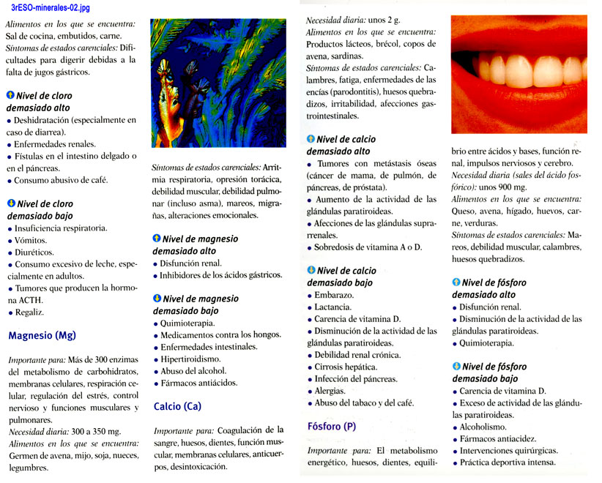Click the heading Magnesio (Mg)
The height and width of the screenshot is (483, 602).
click(x=42, y=336)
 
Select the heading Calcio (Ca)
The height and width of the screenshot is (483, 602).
click(x=177, y=406)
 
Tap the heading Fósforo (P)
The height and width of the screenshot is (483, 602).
click(x=332, y=426)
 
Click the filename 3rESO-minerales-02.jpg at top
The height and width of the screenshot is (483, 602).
click(x=51, y=7)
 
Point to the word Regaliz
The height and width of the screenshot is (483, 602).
click(x=29, y=312)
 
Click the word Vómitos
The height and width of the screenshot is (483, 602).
click(x=30, y=240)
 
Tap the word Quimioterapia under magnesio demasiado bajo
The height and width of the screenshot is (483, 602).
click(x=193, y=323)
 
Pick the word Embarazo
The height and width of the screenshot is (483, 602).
click(x=334, y=295)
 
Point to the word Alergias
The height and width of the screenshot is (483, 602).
click(x=330, y=391)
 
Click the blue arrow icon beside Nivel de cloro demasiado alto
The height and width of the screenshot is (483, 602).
click(x=10, y=96)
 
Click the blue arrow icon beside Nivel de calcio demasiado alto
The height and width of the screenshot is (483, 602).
click(x=311, y=139)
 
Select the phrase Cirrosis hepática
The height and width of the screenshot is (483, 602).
click(x=346, y=367)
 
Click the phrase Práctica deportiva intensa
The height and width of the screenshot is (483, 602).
click(x=508, y=463)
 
